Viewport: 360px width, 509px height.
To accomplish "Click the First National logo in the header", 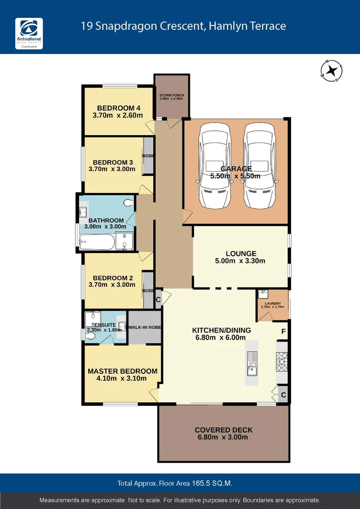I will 29,36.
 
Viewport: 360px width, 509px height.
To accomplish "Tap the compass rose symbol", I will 332,71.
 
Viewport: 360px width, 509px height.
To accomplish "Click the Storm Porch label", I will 172,97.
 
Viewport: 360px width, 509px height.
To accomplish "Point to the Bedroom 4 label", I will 115,108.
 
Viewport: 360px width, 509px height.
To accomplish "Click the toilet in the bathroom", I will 128,203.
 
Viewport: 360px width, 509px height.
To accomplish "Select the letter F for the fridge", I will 283,331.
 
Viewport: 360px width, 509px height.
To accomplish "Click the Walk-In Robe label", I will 145,328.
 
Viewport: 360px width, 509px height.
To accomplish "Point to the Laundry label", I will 272,304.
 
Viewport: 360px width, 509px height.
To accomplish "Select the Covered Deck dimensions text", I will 223,437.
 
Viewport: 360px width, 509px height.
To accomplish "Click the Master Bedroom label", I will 123,371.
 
